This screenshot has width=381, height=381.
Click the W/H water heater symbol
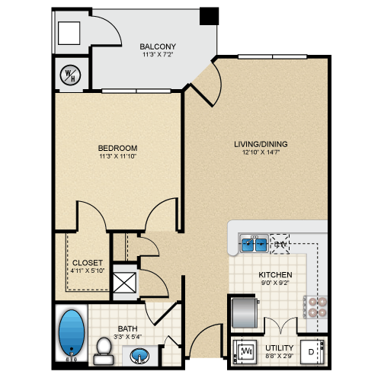pos(70,75)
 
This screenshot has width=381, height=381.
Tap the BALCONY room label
pos(158,46)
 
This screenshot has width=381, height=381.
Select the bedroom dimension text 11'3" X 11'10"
pos(118,156)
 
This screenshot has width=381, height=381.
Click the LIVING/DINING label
pos(261,144)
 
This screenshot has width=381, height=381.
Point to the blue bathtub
pos(72,333)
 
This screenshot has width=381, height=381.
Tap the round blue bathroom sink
pos(139,355)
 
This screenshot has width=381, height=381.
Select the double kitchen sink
pos(254,243)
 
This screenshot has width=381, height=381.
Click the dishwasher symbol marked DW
pos(280,244)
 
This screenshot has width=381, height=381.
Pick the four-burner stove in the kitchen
pos(315,307)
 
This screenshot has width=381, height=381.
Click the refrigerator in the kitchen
pos(245,312)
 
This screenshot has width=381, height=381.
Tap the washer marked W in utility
pos(245,351)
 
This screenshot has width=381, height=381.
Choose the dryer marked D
pos(312,352)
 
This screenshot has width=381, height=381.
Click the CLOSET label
pos(88,262)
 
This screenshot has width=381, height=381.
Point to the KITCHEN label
pos(275,274)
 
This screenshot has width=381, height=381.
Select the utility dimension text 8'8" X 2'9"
pos(280,356)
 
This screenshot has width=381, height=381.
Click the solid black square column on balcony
pos(209,16)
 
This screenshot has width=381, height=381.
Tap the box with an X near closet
pos(124,283)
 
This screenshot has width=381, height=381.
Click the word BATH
pos(127,328)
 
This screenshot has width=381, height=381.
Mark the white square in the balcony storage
pos(69,34)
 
